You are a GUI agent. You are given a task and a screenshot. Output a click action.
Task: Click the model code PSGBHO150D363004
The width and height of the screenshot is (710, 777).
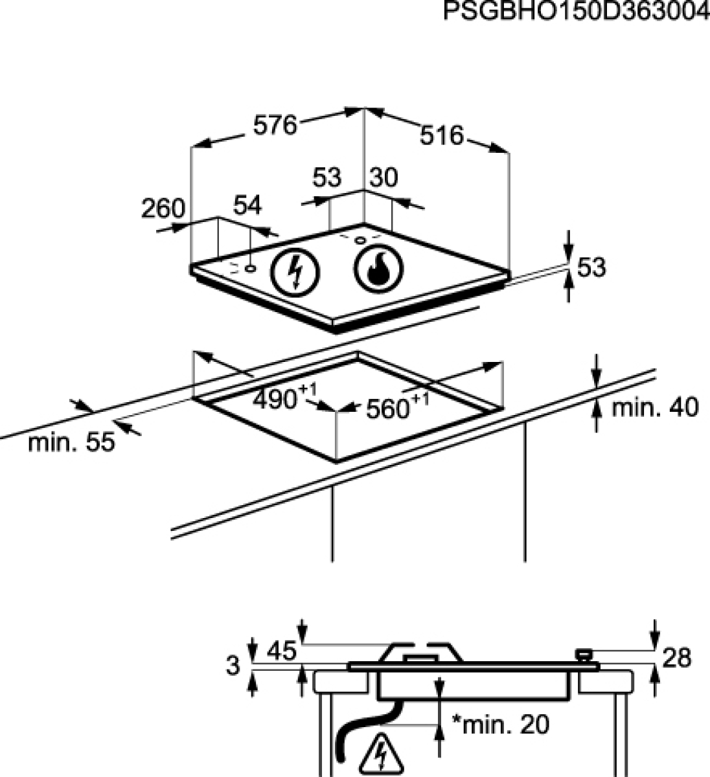(x=577, y=11)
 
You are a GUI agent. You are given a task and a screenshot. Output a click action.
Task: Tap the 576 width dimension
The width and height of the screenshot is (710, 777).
(x=275, y=125)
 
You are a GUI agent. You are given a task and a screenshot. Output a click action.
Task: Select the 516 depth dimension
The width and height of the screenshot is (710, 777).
(x=442, y=135)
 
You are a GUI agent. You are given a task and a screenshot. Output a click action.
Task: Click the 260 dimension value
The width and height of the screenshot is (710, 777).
(x=163, y=208)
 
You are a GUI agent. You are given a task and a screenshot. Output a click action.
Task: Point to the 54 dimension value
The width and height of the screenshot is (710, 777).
(x=247, y=205)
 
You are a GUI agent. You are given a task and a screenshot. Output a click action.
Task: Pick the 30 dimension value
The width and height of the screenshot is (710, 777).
(x=384, y=177)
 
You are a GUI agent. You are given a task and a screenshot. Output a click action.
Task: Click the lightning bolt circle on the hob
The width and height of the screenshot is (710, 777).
(x=295, y=271)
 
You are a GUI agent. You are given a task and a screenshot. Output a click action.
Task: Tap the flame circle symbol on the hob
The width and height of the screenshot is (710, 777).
(x=378, y=268)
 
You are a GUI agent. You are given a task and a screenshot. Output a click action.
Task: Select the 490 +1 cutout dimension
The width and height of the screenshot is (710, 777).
(x=285, y=397)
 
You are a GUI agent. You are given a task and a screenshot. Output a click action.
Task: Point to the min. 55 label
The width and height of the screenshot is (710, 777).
(x=72, y=442)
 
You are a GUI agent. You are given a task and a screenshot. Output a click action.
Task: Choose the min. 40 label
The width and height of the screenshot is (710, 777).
(x=655, y=407)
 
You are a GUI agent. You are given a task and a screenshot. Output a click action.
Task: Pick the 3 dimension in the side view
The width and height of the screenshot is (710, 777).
(x=233, y=666)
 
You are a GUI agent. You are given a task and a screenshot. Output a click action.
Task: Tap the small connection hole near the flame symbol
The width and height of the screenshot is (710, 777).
(x=360, y=240)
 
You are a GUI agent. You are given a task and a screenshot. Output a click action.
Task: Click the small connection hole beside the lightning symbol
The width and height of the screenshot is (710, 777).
(x=251, y=268)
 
